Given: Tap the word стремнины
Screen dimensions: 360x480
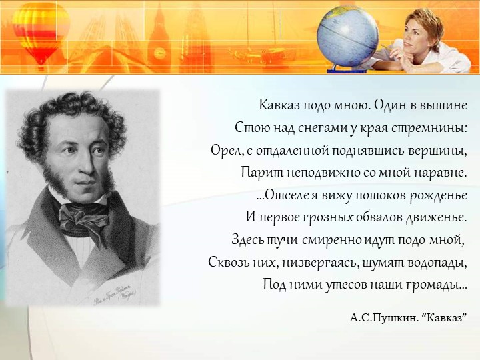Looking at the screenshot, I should click(437, 127).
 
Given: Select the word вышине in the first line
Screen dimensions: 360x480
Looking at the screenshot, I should click(445, 105).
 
